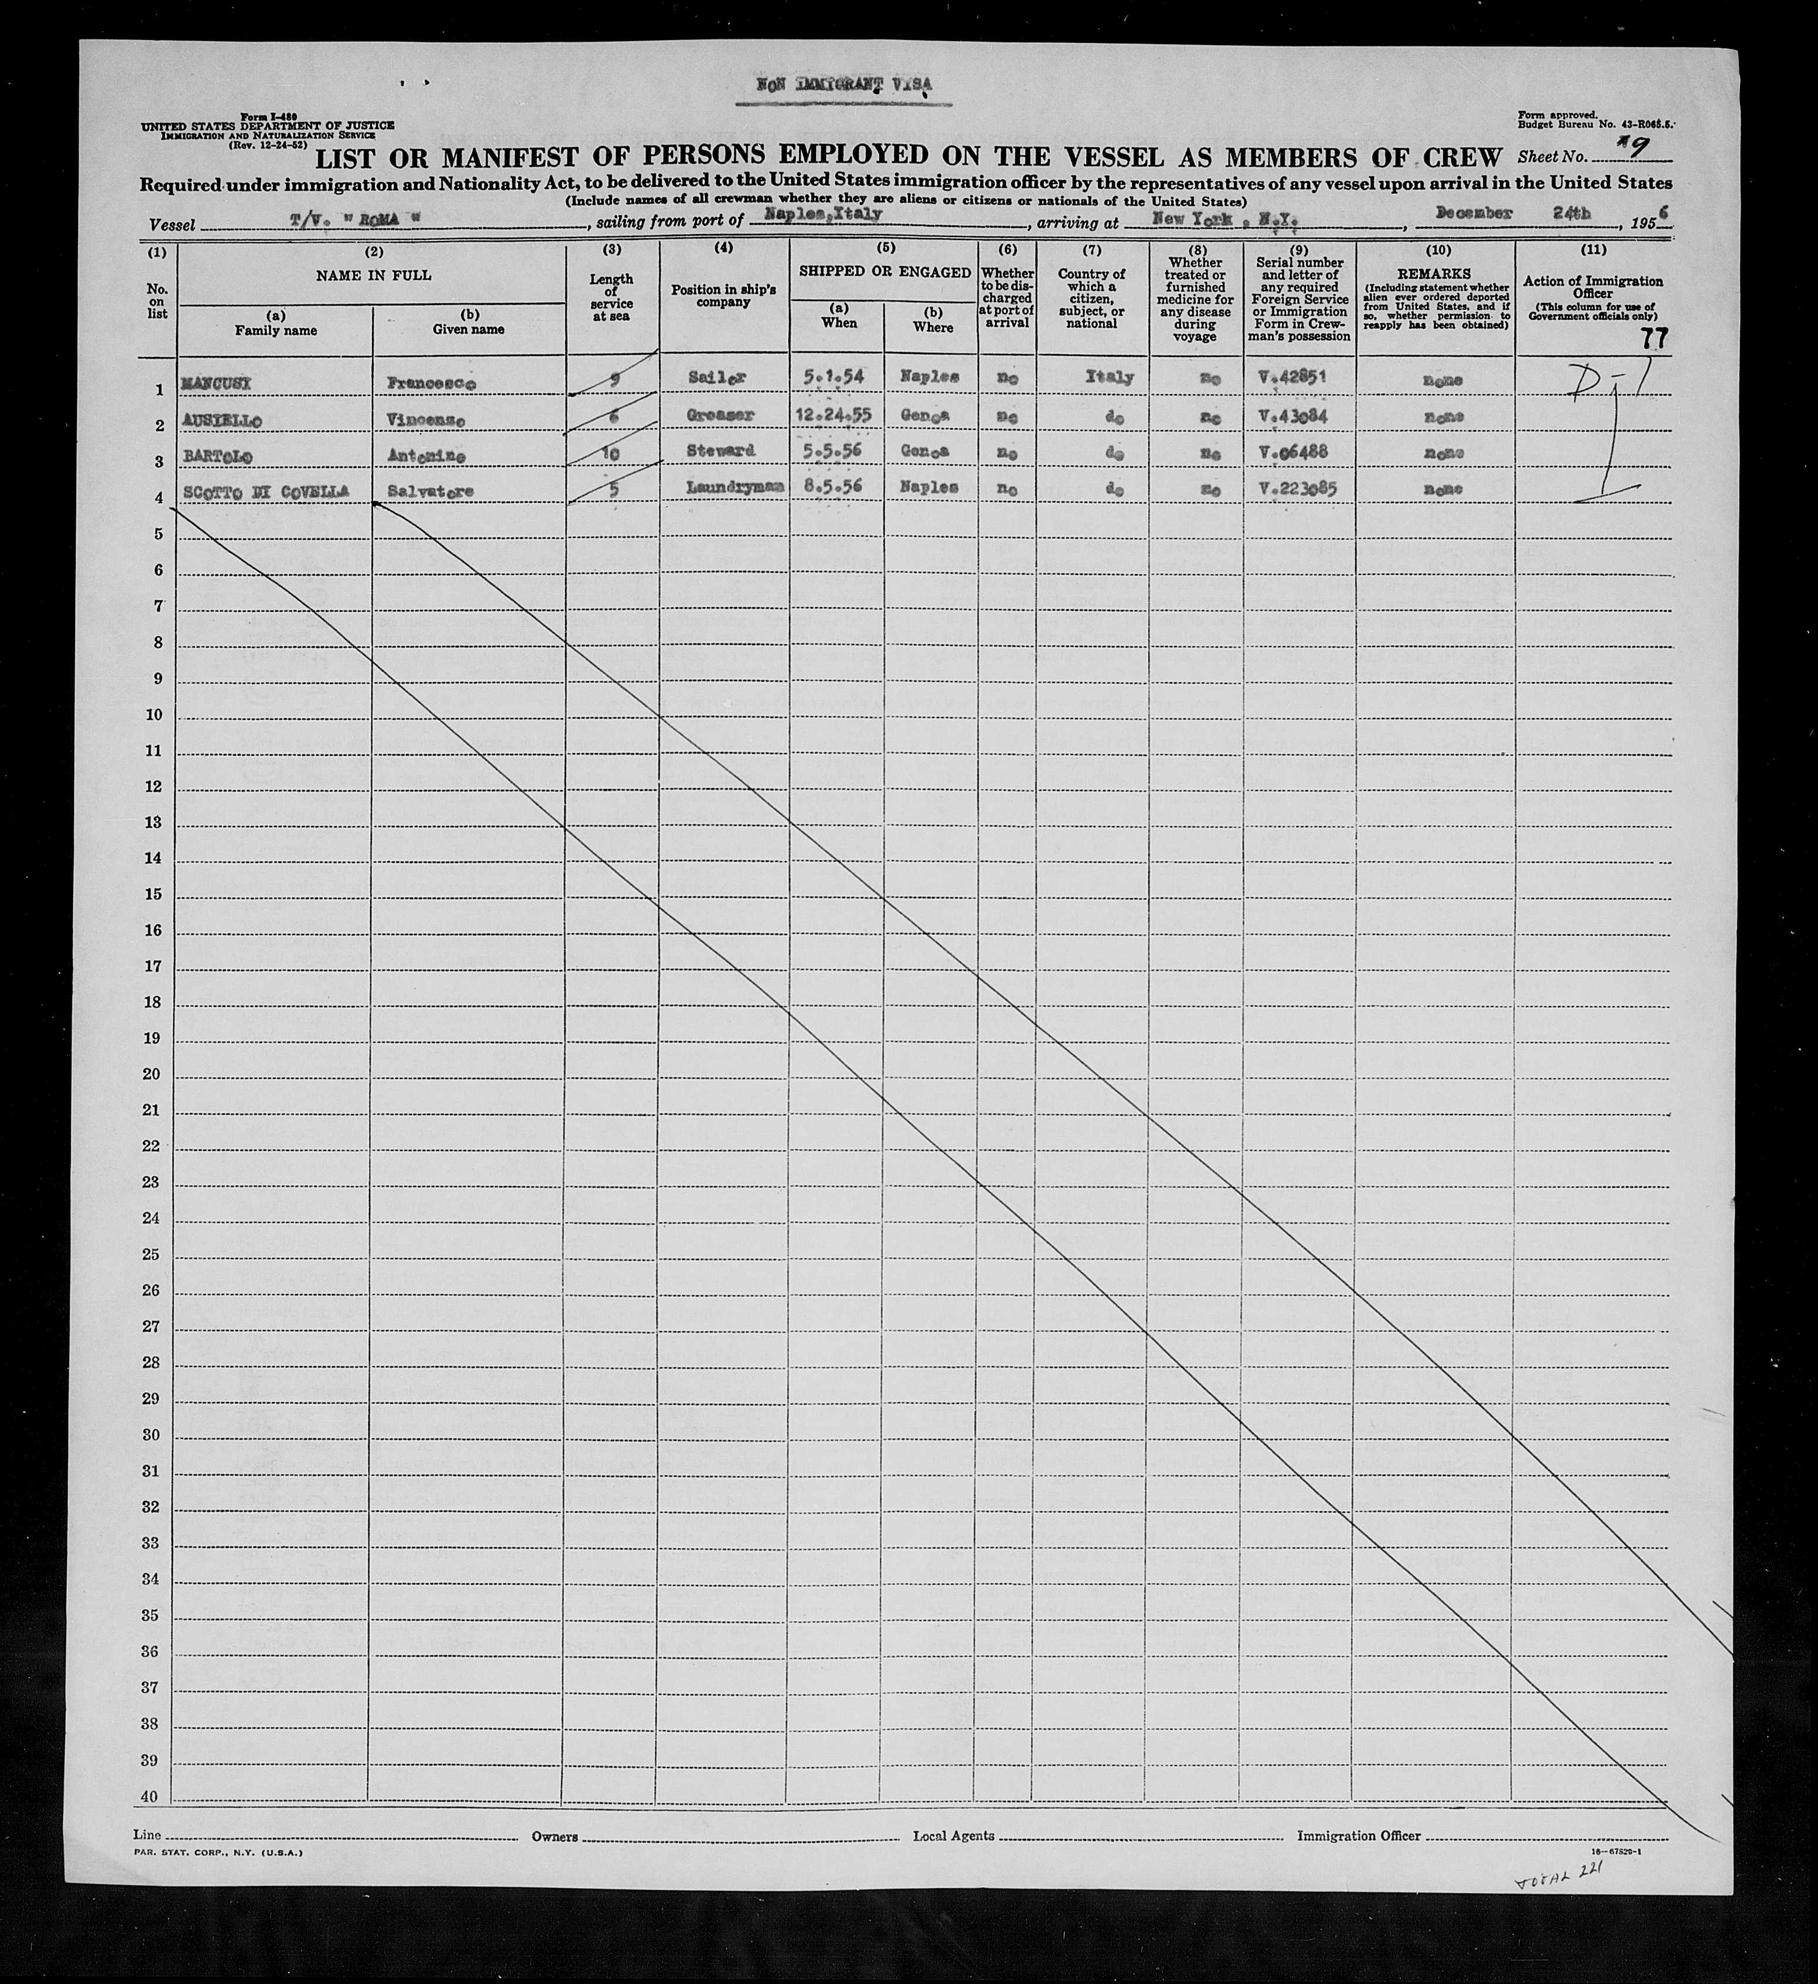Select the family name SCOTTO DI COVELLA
pos(265,492)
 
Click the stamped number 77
pos(1654,340)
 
